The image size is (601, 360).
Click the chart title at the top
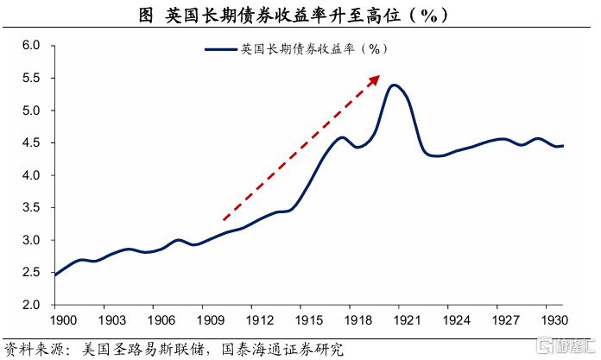(300, 16)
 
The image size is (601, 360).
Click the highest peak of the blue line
(394, 85)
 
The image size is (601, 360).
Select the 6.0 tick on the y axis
(32, 46)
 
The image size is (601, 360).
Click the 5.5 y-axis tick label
(32, 78)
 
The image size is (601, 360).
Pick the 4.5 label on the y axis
(32, 143)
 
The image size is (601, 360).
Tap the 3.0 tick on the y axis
(32, 240)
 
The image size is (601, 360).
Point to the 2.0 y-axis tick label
(32, 305)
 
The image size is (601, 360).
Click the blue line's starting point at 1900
(54, 275)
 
